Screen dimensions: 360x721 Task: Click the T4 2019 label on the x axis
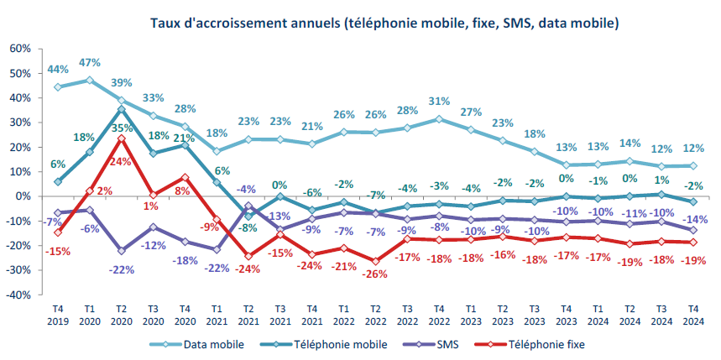57,315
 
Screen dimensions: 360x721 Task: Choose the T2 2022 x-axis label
376,315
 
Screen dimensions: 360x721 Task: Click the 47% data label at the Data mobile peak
90,63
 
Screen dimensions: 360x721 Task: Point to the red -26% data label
375,274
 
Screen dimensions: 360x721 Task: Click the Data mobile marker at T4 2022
440,119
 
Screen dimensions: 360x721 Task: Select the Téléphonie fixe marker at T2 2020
122,138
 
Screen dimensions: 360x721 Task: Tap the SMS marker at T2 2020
122,251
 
